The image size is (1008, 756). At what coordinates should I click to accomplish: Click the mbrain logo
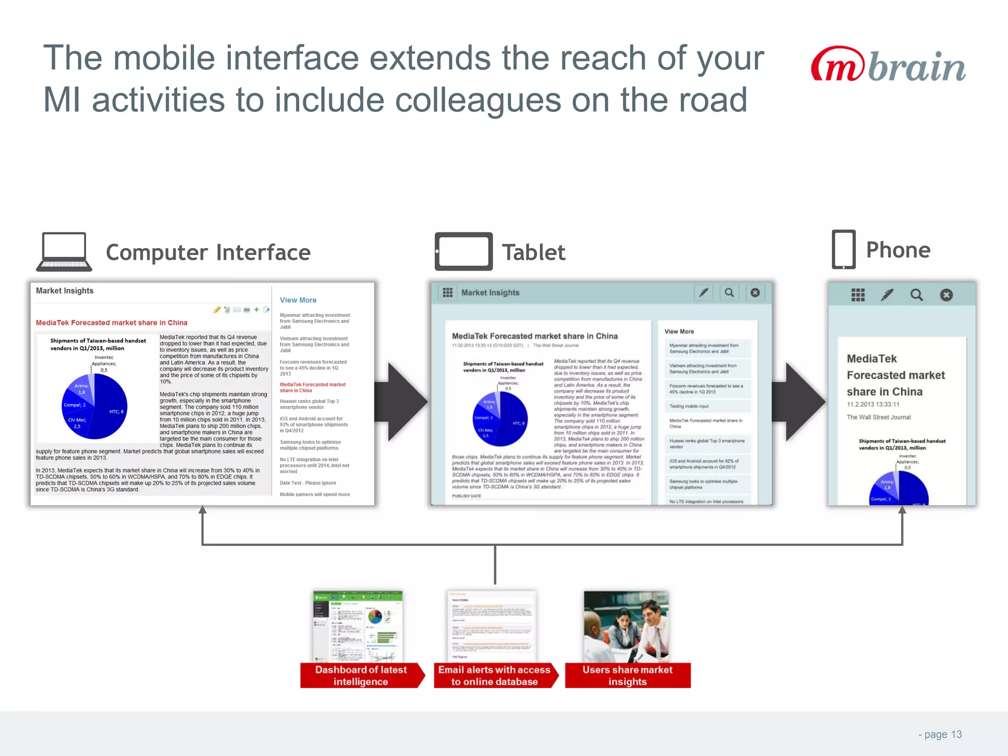click(888, 65)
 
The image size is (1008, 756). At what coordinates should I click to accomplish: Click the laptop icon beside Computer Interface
click(64, 252)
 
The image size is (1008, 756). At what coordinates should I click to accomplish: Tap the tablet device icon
click(464, 252)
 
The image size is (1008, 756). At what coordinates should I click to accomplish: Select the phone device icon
click(843, 250)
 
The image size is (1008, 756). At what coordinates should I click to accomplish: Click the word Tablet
click(534, 252)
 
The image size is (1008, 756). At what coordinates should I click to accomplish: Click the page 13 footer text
click(940, 734)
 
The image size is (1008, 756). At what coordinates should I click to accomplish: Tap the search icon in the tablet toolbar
click(729, 293)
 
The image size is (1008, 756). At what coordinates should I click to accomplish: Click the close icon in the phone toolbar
click(946, 295)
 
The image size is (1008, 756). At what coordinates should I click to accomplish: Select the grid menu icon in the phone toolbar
click(858, 295)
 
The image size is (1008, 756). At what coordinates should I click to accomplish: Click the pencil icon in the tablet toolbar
click(704, 293)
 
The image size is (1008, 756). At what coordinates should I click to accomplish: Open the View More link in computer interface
click(298, 300)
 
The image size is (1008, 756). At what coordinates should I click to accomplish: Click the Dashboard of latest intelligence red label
click(361, 675)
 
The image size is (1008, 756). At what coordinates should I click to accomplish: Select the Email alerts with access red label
click(494, 675)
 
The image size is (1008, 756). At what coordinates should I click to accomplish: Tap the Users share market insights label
click(627, 675)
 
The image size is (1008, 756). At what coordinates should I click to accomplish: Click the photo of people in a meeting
click(626, 627)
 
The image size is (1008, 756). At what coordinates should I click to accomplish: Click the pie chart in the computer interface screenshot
click(94, 406)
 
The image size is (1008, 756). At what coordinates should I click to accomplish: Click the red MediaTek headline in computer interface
click(111, 323)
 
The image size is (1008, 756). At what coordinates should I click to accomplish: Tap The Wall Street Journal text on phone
click(879, 417)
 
